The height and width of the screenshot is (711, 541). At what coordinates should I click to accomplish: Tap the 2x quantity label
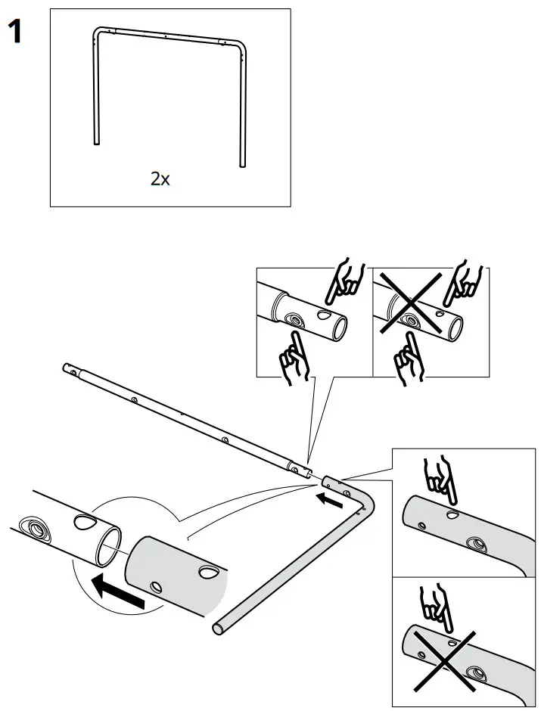(160, 179)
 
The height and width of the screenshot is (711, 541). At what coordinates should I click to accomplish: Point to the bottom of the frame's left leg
(96, 141)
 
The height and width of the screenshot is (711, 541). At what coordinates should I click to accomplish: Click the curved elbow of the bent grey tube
(363, 503)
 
